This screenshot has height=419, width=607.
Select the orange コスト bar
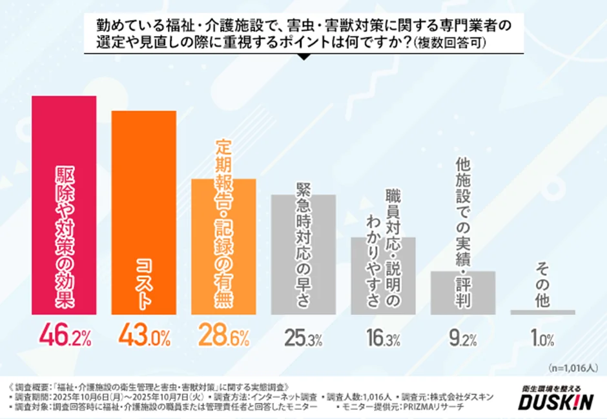click(x=144, y=213)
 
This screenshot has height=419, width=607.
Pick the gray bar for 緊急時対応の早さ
click(x=303, y=254)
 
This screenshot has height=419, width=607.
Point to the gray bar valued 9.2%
click(x=462, y=292)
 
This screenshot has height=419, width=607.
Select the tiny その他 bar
click(x=542, y=312)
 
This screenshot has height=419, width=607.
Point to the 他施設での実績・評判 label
click(x=462, y=231)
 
